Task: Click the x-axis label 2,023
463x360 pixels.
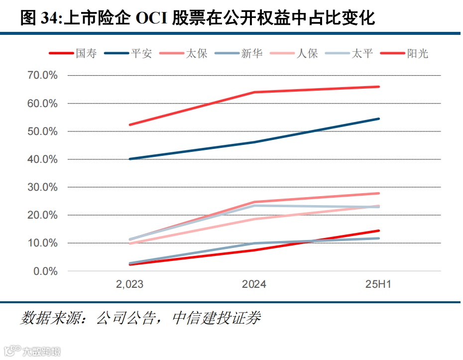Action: click(130, 284)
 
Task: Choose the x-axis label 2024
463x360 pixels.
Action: click(254, 284)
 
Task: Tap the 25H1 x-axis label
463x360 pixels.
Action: click(379, 284)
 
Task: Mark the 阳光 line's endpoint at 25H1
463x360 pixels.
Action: click(379, 87)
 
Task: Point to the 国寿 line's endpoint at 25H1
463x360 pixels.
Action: click(379, 231)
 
